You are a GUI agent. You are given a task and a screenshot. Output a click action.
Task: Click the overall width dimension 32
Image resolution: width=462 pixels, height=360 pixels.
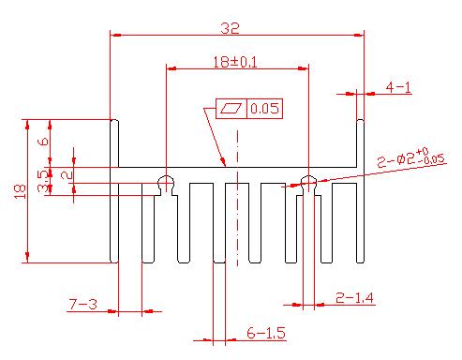[x=231, y=28]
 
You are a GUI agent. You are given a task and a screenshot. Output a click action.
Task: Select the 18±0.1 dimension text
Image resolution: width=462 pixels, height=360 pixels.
[x=235, y=62]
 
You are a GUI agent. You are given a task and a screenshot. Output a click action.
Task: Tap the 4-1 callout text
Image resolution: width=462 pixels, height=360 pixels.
[x=398, y=87]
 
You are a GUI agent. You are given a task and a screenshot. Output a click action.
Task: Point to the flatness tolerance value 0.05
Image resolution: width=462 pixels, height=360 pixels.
[x=264, y=109]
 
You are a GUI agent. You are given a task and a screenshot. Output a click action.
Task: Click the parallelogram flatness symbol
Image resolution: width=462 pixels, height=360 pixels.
[x=231, y=109]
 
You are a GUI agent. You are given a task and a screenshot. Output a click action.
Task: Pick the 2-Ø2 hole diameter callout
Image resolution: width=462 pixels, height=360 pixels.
[x=410, y=157]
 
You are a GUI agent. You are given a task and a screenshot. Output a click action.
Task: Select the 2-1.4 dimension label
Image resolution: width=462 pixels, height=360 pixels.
[x=354, y=298]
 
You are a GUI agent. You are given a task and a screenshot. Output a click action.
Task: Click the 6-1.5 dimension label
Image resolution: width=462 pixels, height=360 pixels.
[x=266, y=333]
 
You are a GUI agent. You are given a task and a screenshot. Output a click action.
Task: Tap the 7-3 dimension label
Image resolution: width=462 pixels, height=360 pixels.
[x=83, y=304]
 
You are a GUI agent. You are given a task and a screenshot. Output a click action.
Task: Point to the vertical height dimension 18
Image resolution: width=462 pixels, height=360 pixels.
[x=20, y=191]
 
